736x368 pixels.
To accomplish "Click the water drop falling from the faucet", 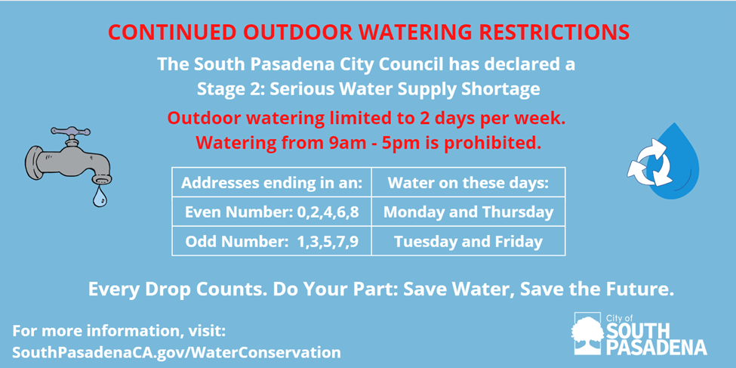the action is [100, 196].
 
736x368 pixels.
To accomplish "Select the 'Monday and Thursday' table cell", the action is [468, 212].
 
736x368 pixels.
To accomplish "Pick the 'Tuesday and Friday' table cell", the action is [468, 241].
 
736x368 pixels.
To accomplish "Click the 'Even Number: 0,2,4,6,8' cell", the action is [272, 212].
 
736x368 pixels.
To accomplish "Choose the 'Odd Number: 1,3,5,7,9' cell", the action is [272, 241].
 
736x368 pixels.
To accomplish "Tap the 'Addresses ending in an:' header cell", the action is [272, 182].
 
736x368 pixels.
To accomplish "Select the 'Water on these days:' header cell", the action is [468, 182].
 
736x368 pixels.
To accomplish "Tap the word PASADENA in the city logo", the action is [656, 347].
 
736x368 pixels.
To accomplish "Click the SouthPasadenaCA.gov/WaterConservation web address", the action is [176, 352].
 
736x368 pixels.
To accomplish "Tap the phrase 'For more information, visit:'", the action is [119, 331].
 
